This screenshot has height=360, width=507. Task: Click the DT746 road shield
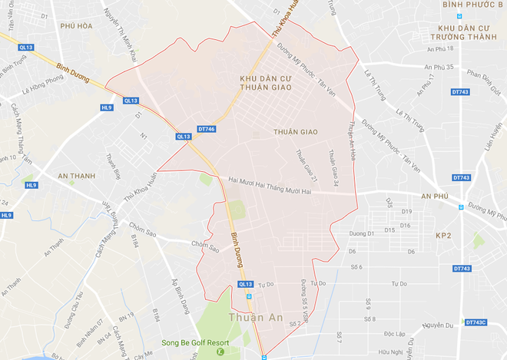pos(206,130)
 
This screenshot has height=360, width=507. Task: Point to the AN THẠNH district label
pos(75,176)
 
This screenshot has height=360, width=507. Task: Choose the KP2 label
pos(445,235)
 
